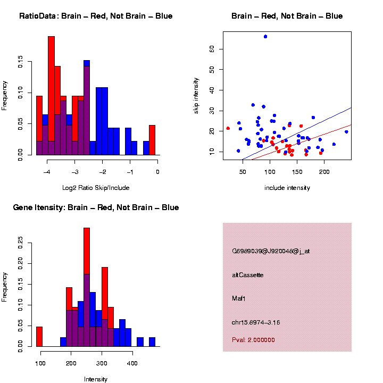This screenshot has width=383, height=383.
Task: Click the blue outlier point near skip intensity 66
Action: point(265,37)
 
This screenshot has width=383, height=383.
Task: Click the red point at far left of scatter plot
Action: point(228,128)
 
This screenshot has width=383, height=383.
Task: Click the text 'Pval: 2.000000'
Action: point(254,340)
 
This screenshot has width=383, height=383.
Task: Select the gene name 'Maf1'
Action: point(239,298)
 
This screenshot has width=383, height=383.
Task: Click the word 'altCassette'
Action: point(248,275)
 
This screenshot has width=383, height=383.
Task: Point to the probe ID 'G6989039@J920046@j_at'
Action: point(271,251)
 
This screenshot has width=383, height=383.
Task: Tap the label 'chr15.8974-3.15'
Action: point(256,322)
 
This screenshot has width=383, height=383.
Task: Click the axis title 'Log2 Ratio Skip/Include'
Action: point(97,187)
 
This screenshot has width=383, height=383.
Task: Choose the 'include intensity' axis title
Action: point(287,187)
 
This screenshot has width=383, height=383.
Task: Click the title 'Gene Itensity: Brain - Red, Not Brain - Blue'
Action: point(96,207)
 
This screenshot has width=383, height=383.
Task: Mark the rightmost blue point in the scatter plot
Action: point(346,132)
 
